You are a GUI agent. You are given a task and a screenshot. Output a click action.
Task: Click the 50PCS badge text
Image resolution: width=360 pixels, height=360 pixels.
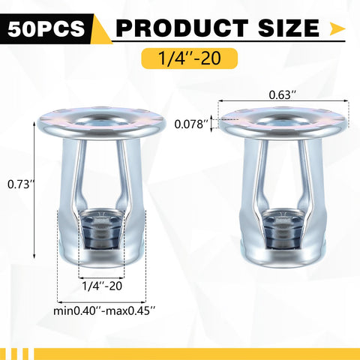pyautogui.click(x=46, y=28)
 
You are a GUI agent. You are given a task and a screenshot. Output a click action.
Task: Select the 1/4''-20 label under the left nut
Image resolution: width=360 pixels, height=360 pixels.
pyautogui.click(x=102, y=285)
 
